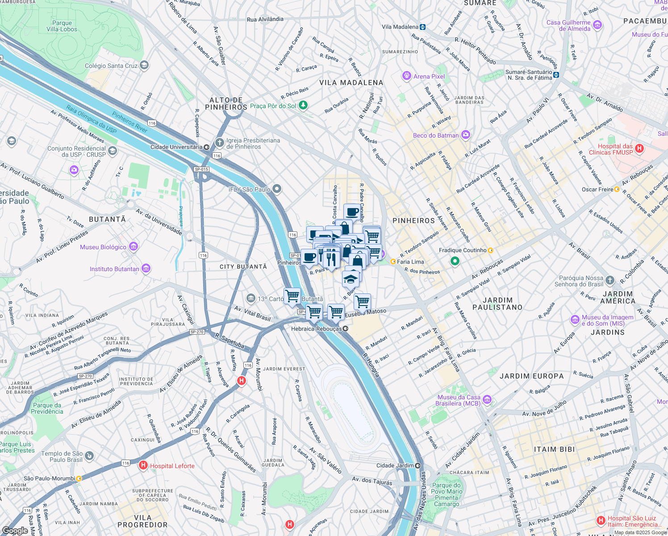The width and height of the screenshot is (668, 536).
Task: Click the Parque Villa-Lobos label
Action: tap(62, 26)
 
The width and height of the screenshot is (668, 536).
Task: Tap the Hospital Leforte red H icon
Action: tap(143, 465)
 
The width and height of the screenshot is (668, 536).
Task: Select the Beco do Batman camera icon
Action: tap(466, 135)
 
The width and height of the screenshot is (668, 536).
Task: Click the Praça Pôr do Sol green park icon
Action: tap(303, 105)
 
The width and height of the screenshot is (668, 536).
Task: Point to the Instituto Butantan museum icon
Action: tap(146, 268)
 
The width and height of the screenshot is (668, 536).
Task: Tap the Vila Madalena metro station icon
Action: tap(422, 27)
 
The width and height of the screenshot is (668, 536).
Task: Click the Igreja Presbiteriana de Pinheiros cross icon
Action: tap(219, 143)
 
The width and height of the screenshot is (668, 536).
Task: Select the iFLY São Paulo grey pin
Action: tap(277, 189)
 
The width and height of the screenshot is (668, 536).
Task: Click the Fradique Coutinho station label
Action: tap(463, 250)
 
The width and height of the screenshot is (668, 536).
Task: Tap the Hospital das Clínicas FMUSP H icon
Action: tap(639, 149)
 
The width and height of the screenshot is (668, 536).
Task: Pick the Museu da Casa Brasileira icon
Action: tap(487, 400)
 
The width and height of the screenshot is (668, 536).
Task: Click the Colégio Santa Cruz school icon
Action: tap(144, 66)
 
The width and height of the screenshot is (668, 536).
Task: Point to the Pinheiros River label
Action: tap(129, 122)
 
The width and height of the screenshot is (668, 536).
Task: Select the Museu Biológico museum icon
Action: tap(133, 247)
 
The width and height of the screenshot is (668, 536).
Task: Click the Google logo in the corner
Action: tap(15, 530)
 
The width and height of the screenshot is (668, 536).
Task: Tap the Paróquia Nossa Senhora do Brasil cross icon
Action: tap(610, 281)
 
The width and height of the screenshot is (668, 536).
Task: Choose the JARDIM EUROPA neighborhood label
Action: tap(531, 376)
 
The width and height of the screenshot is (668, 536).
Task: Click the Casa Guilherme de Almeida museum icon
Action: tap(598, 25)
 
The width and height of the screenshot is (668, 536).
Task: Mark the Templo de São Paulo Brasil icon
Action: tap(89, 456)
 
